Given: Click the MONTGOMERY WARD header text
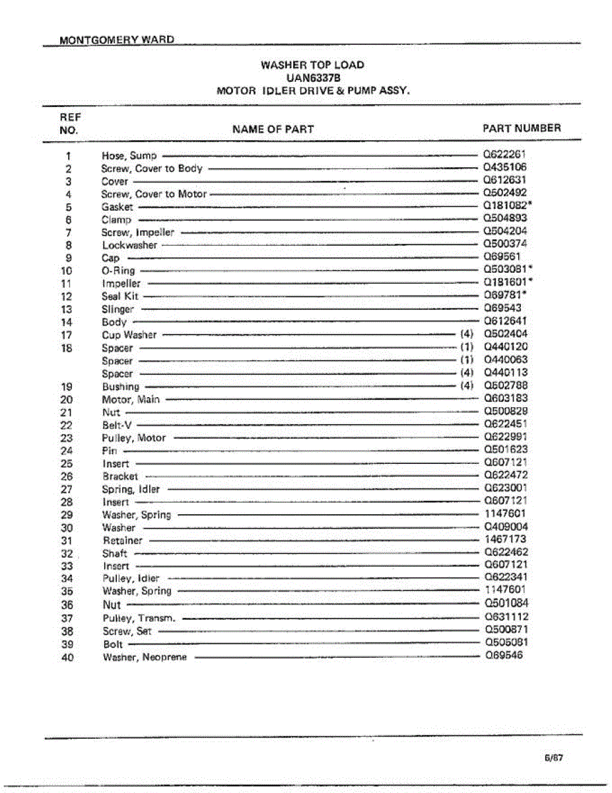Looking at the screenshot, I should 117,40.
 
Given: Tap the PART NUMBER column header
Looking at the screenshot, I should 522,128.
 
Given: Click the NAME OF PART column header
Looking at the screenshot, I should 273,129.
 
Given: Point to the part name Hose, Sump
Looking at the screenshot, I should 129,156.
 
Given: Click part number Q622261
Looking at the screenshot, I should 504,155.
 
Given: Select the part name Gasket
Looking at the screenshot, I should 117,207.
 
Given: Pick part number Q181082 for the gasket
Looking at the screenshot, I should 506,206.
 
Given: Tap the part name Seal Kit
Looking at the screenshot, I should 120,297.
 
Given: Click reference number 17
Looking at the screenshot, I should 67,335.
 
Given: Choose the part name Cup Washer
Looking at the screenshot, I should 129,335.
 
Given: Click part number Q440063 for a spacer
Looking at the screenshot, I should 505,360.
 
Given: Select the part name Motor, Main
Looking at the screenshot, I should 130,399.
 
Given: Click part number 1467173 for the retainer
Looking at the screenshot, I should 505,539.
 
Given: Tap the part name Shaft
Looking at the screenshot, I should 115,553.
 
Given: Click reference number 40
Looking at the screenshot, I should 67,657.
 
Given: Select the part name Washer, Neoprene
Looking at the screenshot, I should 145,657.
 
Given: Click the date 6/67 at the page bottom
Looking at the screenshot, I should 553,759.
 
